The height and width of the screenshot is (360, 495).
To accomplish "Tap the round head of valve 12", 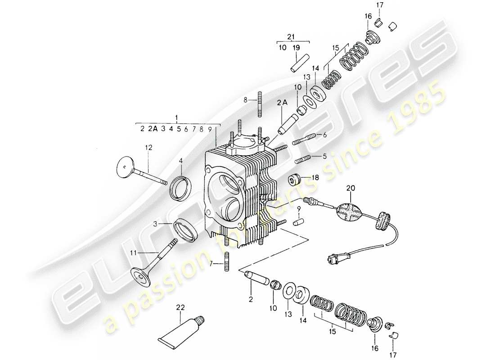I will point(124,167).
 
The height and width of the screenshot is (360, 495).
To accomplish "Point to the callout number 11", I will point(133,253).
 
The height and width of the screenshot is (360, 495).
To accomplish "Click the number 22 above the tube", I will point(180,307).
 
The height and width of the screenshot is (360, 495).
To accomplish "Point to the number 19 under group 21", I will point(295,47).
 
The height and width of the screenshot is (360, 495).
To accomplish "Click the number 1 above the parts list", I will point(177,118).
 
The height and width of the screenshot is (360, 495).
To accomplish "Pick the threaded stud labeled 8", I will point(260,103).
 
